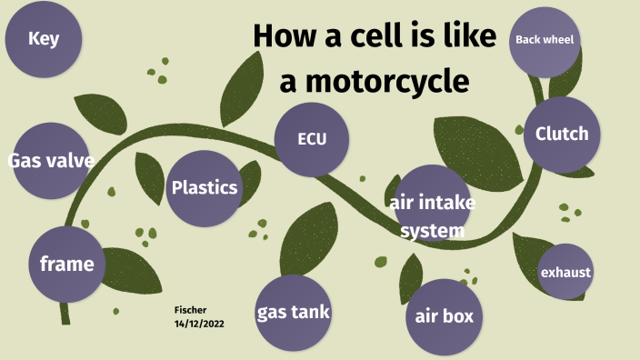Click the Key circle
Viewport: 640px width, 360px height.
click(x=44, y=38)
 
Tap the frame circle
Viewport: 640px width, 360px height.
click(x=66, y=265)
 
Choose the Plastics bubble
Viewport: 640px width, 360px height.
click(x=204, y=188)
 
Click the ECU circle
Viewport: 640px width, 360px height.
click(x=312, y=139)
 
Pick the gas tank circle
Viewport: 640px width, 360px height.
click(x=293, y=313)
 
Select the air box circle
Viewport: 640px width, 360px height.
click(x=444, y=317)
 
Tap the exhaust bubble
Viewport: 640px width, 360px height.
click(x=565, y=272)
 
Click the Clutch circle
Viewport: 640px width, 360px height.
click(x=562, y=135)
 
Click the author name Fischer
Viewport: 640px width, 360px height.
click(x=190, y=309)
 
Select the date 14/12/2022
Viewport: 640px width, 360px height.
click(x=199, y=324)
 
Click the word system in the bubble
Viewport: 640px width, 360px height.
click(x=433, y=231)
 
